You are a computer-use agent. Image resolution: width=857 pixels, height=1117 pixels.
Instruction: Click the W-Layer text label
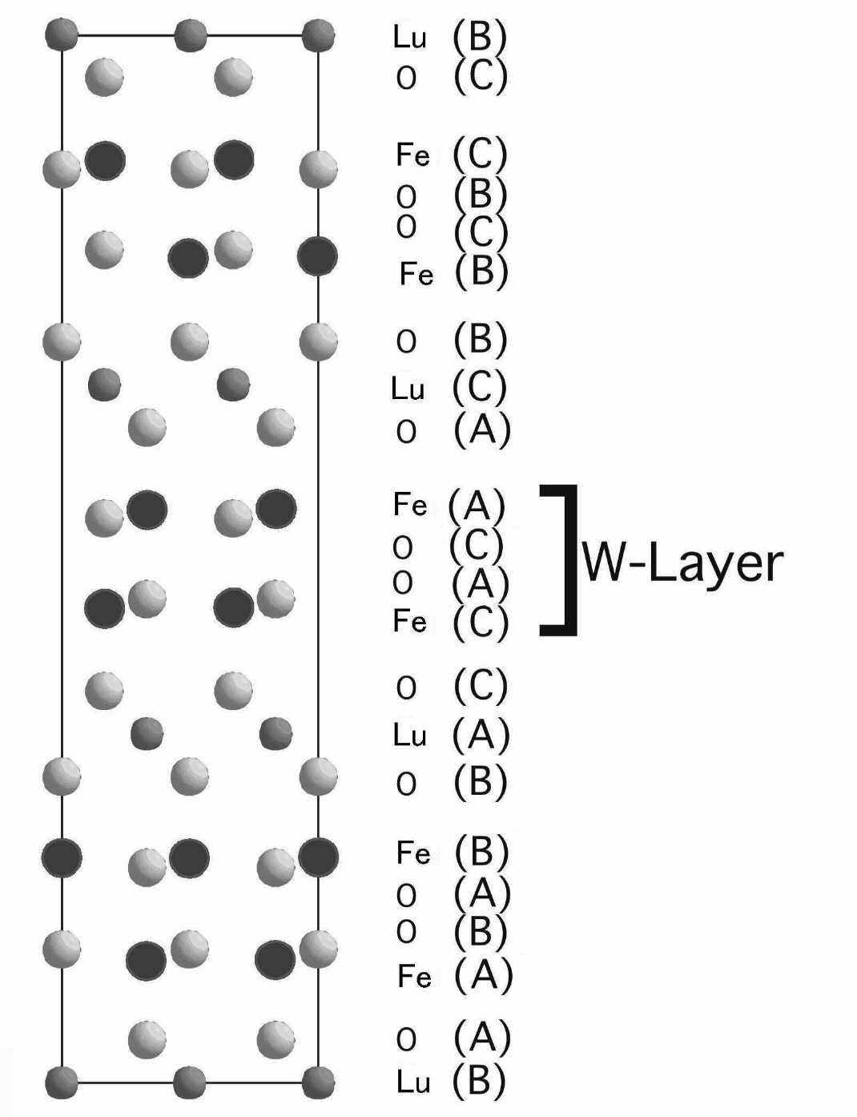[x=682, y=563]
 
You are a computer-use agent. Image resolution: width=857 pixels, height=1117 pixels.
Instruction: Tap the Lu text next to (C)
[x=408, y=389]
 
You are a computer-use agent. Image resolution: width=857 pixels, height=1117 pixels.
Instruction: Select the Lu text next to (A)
[x=409, y=735]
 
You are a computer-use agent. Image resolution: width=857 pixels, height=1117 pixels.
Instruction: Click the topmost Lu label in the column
[x=409, y=37]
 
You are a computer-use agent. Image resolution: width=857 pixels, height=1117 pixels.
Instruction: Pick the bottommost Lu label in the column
[x=413, y=1082]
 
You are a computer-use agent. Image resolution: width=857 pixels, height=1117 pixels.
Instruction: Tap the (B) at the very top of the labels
[x=480, y=36]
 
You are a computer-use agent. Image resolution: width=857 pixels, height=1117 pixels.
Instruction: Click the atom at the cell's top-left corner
[x=62, y=35]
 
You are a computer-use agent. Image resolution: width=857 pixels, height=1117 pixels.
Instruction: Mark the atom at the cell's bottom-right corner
[x=318, y=1083]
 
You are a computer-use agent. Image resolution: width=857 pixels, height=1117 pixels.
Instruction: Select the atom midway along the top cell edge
[x=191, y=35]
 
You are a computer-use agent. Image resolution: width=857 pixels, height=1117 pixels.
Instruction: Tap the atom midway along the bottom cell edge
[x=190, y=1083]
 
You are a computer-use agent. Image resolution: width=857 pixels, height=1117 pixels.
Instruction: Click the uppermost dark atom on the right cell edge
[x=317, y=256]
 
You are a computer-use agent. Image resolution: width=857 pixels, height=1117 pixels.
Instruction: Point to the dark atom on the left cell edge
[x=62, y=857]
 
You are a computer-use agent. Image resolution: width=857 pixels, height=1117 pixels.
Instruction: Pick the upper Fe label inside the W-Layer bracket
[x=410, y=505]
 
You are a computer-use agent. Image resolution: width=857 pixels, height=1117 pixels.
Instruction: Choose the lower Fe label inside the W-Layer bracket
[x=410, y=621]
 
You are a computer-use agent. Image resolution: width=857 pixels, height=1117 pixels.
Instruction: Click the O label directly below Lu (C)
[x=406, y=433]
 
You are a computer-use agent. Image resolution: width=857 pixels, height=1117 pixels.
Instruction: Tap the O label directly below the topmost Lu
[x=406, y=78]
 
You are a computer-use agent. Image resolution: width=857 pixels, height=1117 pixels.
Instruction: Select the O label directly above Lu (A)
[x=406, y=688]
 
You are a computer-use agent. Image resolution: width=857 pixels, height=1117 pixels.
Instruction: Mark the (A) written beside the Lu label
[x=481, y=735]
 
